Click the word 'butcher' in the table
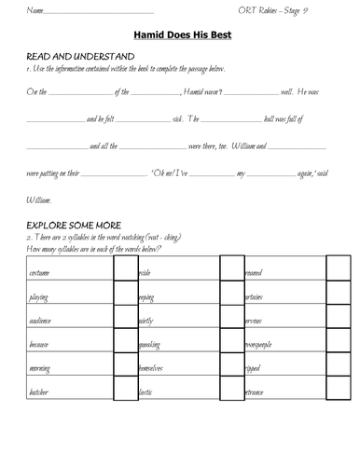pyautogui.click(x=39, y=394)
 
